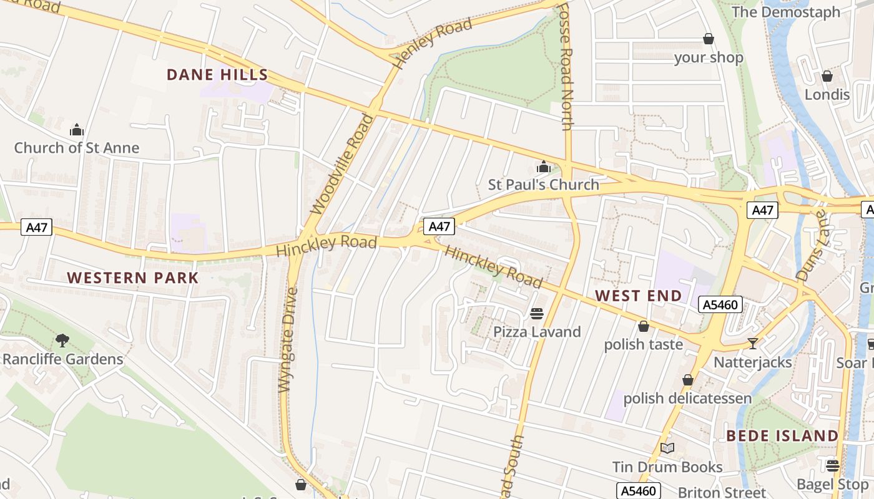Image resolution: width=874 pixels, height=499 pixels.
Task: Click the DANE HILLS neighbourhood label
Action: pyautogui.click(x=217, y=75)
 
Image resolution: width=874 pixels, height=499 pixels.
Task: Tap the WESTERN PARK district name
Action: pyautogui.click(x=132, y=278)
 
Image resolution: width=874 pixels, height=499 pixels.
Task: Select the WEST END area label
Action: pyautogui.click(x=638, y=296)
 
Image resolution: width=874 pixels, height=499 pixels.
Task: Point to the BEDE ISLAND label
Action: pyautogui.click(x=782, y=435)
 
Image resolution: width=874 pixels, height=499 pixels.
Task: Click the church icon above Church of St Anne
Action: pyautogui.click(x=77, y=130)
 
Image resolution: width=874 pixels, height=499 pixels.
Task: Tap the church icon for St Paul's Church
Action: pyautogui.click(x=543, y=167)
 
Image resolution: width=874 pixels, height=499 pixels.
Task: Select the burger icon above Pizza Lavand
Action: pyautogui.click(x=537, y=313)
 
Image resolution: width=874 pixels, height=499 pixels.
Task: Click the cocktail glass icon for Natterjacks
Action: pyautogui.click(x=753, y=344)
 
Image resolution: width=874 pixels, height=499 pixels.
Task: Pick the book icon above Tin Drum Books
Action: pyautogui.click(x=667, y=448)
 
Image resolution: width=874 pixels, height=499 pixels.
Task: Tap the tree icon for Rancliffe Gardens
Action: pyautogui.click(x=62, y=341)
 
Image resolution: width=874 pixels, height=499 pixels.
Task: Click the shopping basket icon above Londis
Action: pyautogui.click(x=827, y=76)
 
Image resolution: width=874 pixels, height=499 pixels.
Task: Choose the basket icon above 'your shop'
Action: pyautogui.click(x=709, y=39)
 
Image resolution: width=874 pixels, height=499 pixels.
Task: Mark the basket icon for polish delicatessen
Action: pyautogui.click(x=687, y=380)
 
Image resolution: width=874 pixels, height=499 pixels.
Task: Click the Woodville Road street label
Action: pyautogui.click(x=342, y=163)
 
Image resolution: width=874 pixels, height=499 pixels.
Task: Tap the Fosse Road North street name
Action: pyautogui.click(x=565, y=66)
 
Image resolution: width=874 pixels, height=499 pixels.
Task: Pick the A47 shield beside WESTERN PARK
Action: pyautogui.click(x=36, y=228)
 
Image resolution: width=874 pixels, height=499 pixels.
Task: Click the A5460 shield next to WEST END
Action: pyautogui.click(x=720, y=305)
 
